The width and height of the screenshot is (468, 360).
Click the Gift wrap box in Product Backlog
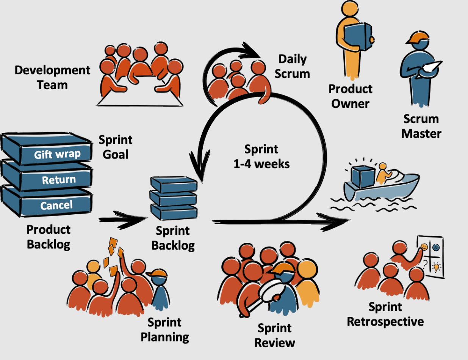57,154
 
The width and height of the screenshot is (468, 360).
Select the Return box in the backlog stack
59,179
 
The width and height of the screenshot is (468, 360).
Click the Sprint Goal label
115,147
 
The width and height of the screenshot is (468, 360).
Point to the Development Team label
52,77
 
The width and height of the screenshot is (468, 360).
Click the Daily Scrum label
292,66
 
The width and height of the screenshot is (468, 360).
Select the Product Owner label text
350,96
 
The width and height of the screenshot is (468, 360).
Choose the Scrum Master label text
421,126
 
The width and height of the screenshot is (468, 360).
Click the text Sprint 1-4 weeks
261,156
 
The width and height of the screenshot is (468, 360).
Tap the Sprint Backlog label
173,238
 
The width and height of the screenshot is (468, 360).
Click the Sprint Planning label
165,329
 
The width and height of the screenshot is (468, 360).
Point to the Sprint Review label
275,335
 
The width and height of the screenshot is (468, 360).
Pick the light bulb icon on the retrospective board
437,268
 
